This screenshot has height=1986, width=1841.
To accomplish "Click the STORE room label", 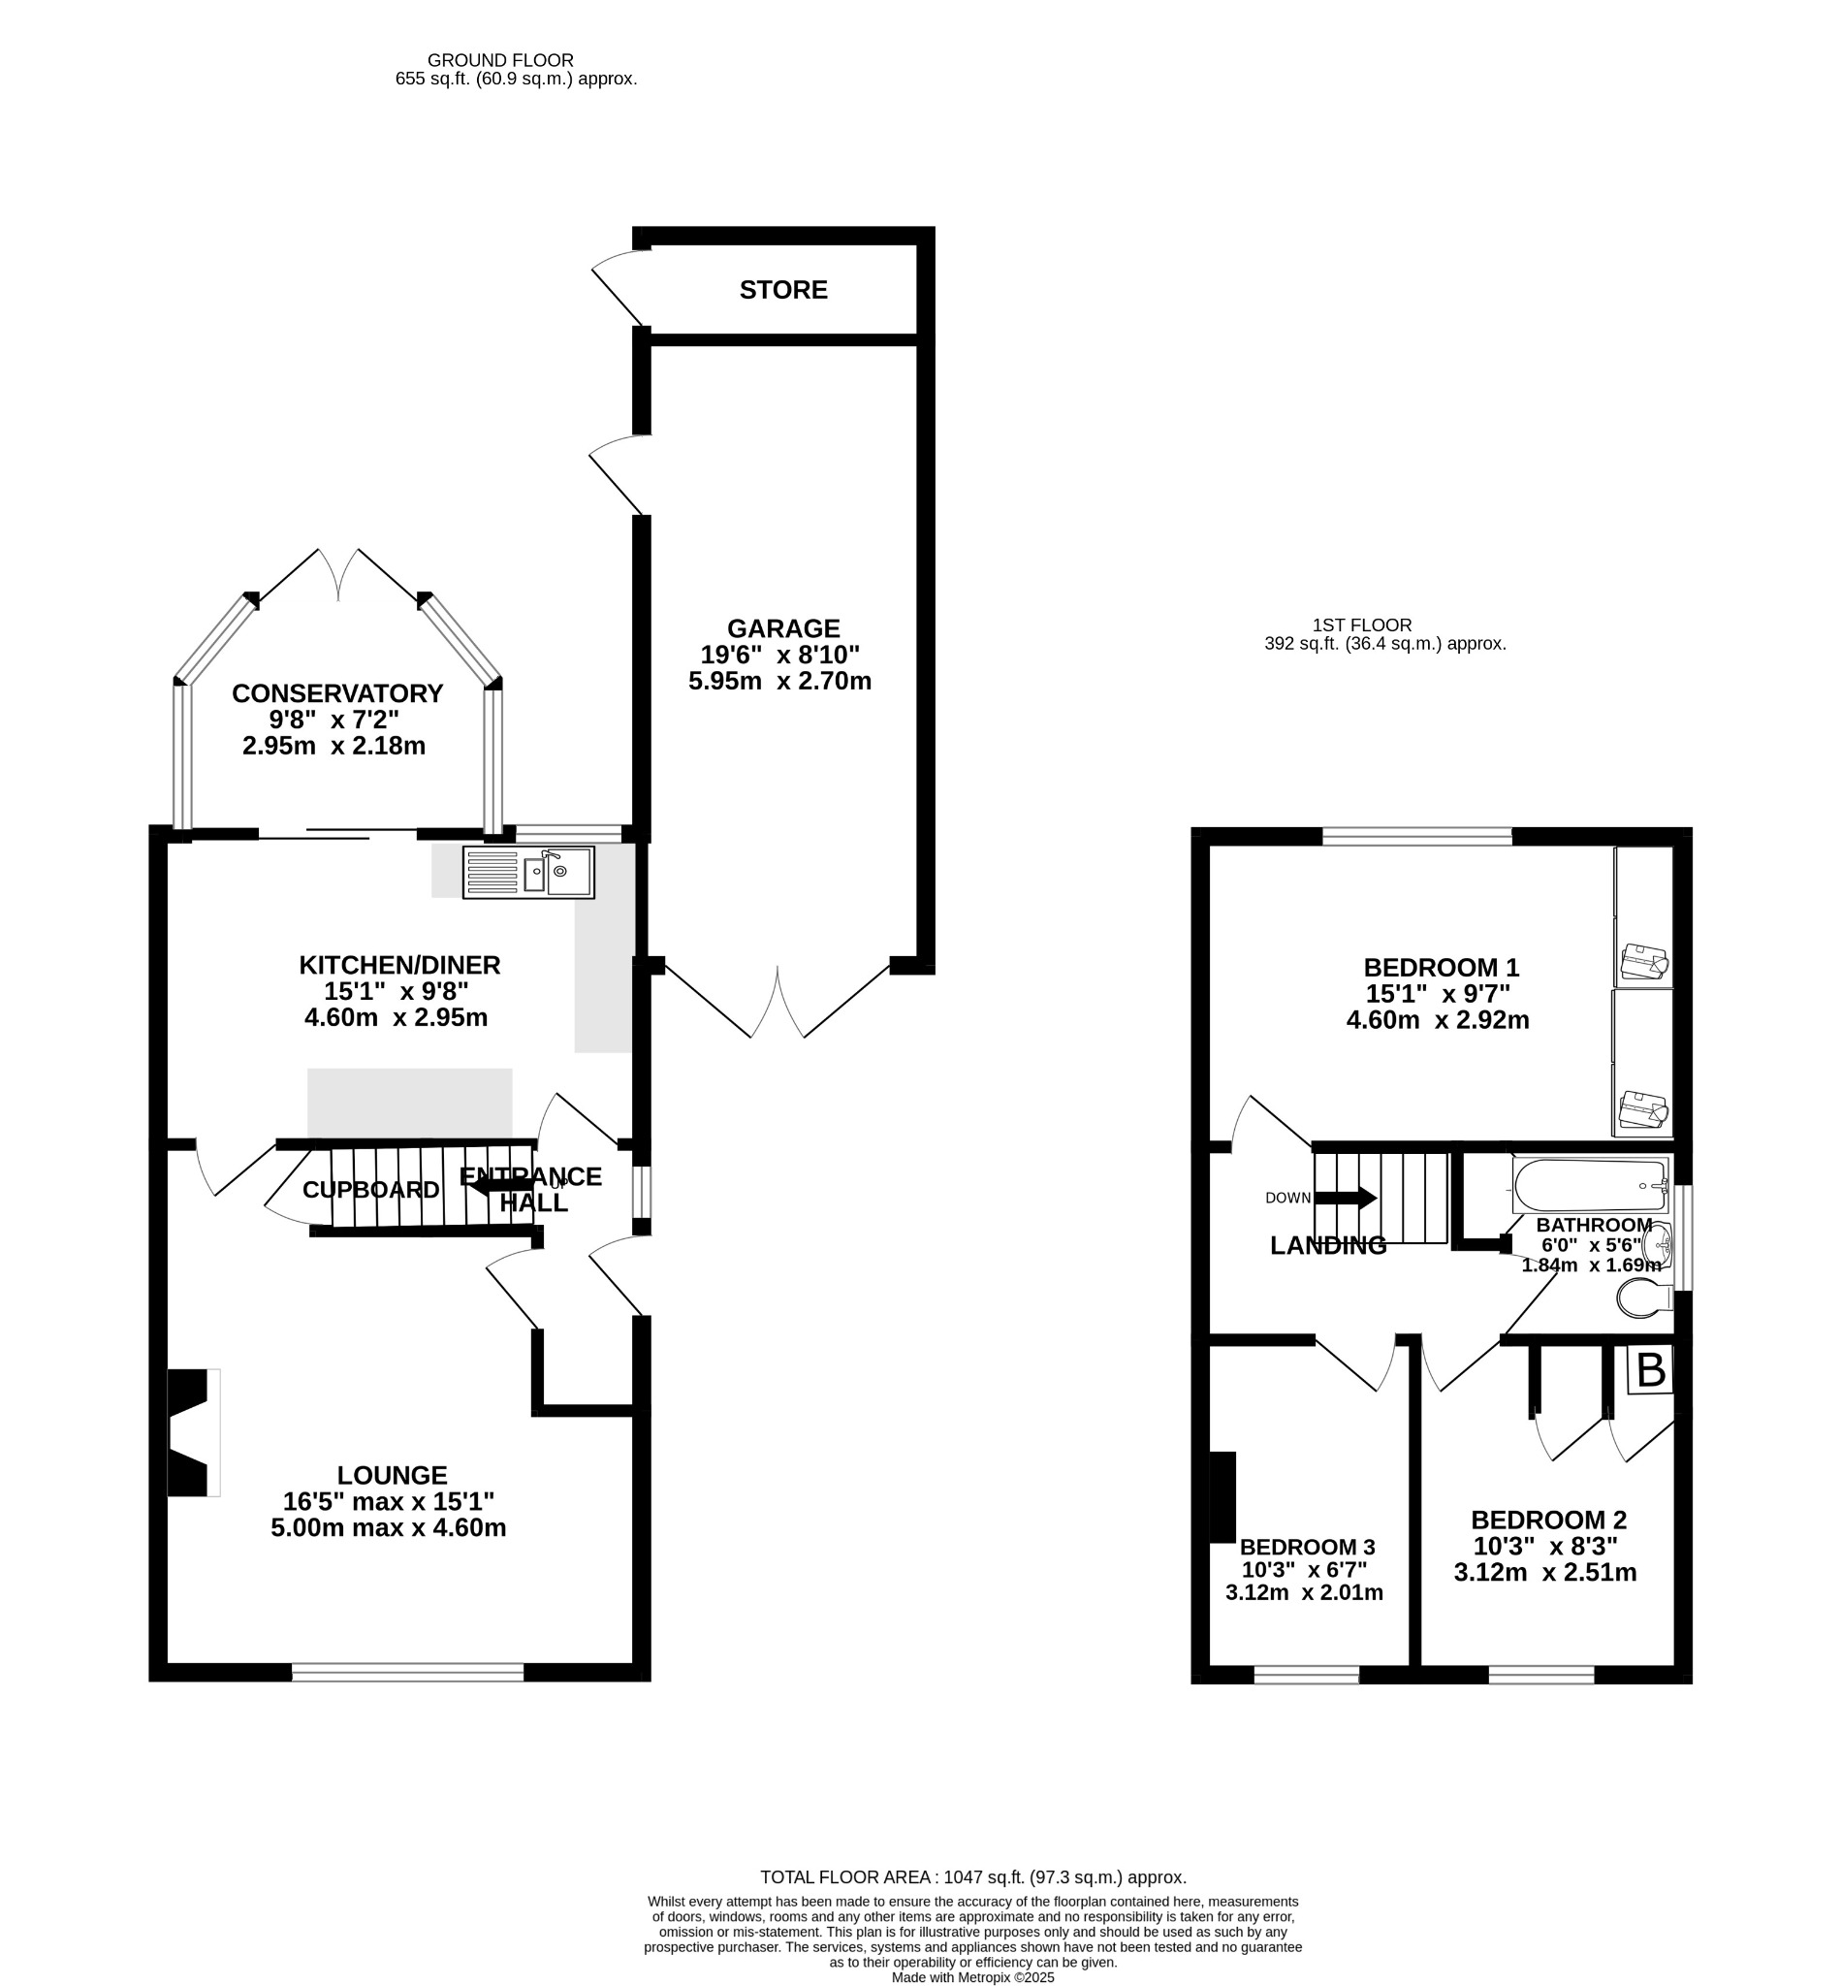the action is point(783,290).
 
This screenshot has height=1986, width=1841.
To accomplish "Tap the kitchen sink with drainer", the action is point(528,872).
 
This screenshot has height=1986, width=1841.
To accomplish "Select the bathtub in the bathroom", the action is point(1590,1184).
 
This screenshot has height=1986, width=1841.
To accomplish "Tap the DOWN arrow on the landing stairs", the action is point(1345,1198).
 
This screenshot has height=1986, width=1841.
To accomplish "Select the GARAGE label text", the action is point(783,628).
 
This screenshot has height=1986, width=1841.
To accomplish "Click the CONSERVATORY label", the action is point(336,693).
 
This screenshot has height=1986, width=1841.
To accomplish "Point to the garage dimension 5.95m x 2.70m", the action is point(780,682).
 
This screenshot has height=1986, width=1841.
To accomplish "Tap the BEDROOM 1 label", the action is point(1441,968).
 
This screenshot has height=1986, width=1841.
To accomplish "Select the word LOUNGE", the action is point(392,1475).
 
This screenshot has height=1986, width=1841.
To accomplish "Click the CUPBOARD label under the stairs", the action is point(370,1190).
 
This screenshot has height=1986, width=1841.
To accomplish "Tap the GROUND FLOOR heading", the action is point(500,61).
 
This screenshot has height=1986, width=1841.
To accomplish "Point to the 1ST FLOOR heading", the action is point(1362,625).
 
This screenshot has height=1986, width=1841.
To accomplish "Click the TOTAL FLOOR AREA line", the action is point(973,1877).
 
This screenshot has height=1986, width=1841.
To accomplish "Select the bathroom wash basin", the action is point(1658,1244).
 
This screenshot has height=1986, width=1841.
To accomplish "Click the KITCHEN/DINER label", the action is point(399,966).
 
